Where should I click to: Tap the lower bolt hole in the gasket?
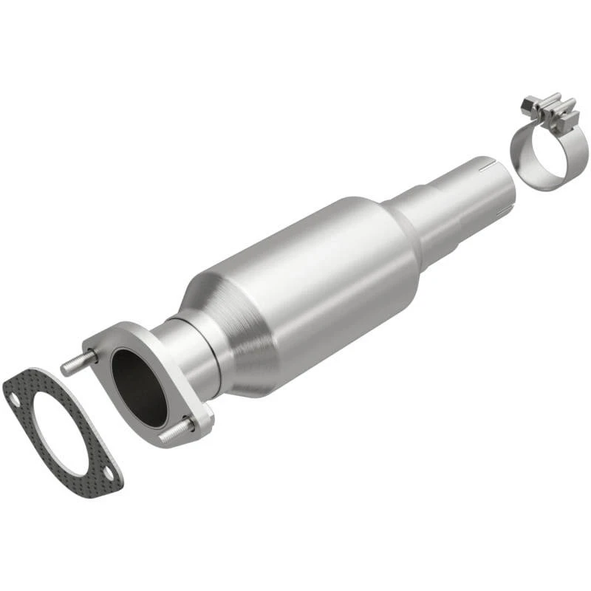(109, 473)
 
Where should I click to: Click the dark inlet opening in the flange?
(138, 387)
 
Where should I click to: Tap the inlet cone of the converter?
(222, 325)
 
